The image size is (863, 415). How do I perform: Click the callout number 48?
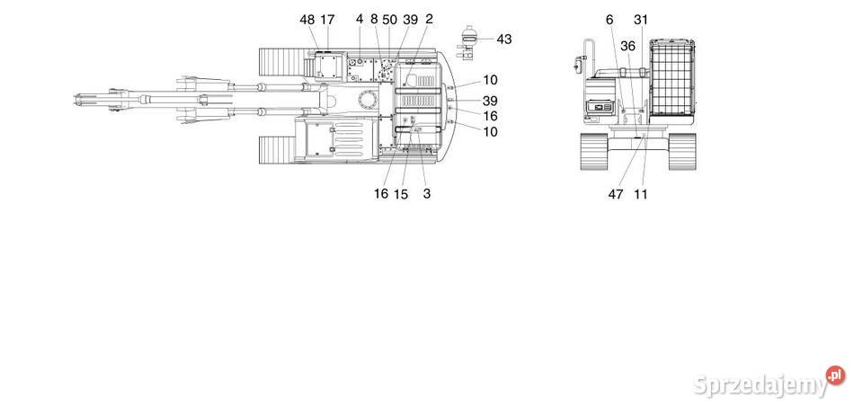pyautogui.click(x=307, y=19)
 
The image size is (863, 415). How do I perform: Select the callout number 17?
pyautogui.click(x=327, y=19)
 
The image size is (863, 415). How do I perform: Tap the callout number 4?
pyautogui.click(x=360, y=19)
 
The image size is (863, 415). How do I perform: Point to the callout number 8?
pyautogui.click(x=374, y=19)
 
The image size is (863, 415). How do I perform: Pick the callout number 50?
pyautogui.click(x=389, y=19)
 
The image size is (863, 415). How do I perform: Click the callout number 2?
pyautogui.click(x=429, y=19)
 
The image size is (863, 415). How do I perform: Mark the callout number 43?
pyautogui.click(x=503, y=39)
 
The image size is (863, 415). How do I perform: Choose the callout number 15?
pyautogui.click(x=401, y=193)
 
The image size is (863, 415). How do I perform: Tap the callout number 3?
pyautogui.click(x=426, y=193)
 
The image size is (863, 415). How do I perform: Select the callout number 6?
pyautogui.click(x=609, y=19)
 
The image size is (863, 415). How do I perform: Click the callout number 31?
pyautogui.click(x=640, y=19)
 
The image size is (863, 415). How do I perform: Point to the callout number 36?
pyautogui.click(x=627, y=46)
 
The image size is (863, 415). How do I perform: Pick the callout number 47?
pyautogui.click(x=615, y=193)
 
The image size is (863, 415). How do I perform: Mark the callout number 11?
pyautogui.click(x=640, y=193)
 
